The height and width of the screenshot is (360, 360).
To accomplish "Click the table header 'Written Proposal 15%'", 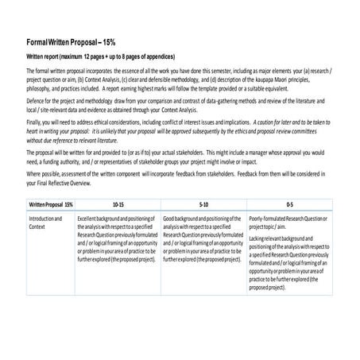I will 45,204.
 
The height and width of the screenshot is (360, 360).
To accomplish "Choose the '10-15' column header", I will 118,204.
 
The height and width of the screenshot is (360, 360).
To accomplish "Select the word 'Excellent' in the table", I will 91,218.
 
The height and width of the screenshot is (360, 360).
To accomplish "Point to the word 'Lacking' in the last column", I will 258,238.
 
